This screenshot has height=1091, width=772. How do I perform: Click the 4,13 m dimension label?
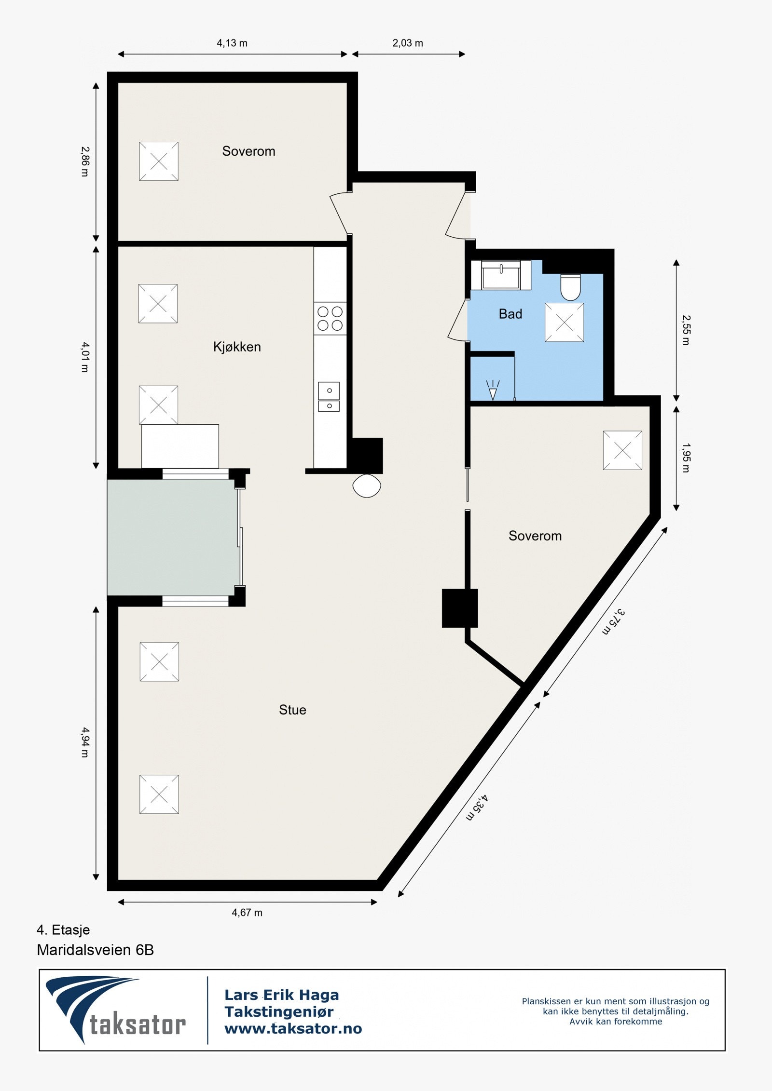(232, 43)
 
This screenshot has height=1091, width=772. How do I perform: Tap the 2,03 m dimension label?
(408, 43)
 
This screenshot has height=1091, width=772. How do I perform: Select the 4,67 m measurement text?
(247, 912)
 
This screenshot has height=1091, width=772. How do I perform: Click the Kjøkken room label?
(237, 347)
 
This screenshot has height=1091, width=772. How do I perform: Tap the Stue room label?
(292, 710)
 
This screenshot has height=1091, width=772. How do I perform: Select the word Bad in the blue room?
(510, 314)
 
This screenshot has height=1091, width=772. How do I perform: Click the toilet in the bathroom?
(570, 287)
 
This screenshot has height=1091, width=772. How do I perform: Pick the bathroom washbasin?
(501, 275)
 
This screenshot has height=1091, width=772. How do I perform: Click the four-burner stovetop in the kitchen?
(330, 319)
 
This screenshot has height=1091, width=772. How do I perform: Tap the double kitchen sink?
(329, 397)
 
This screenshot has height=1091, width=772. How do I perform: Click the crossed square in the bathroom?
(564, 323)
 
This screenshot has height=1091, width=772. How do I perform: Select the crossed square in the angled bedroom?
(622, 450)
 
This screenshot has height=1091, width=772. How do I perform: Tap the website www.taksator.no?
(293, 1028)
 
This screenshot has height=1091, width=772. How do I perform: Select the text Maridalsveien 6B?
(95, 950)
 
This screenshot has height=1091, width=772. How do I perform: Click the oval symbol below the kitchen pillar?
(367, 485)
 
